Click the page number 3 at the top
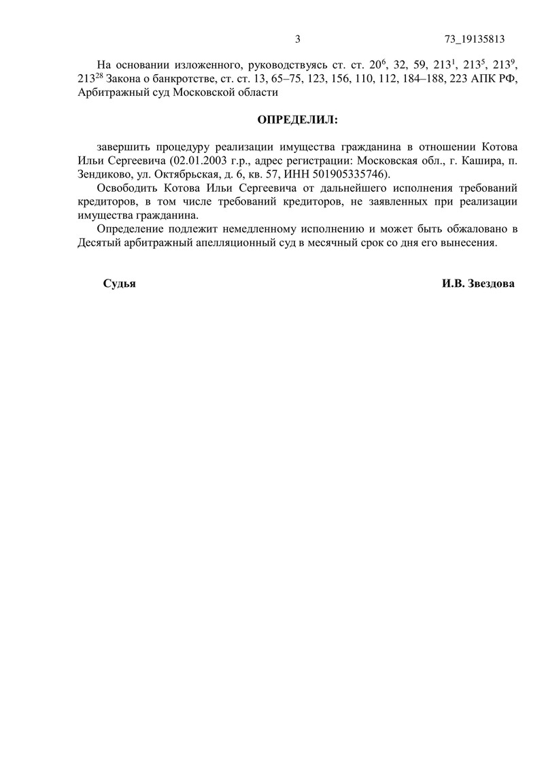pyautogui.click(x=298, y=38)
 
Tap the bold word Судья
pyautogui.click(x=119, y=284)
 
